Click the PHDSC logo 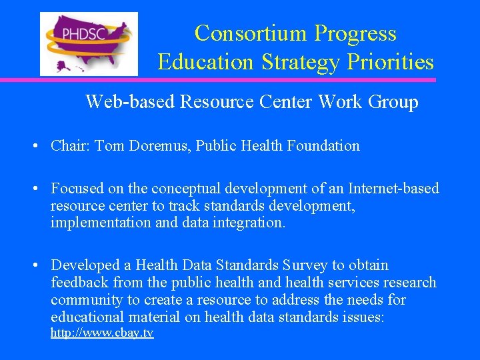[89, 43]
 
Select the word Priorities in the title [393, 62]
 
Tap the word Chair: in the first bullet [71, 145]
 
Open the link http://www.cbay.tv [102, 332]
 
